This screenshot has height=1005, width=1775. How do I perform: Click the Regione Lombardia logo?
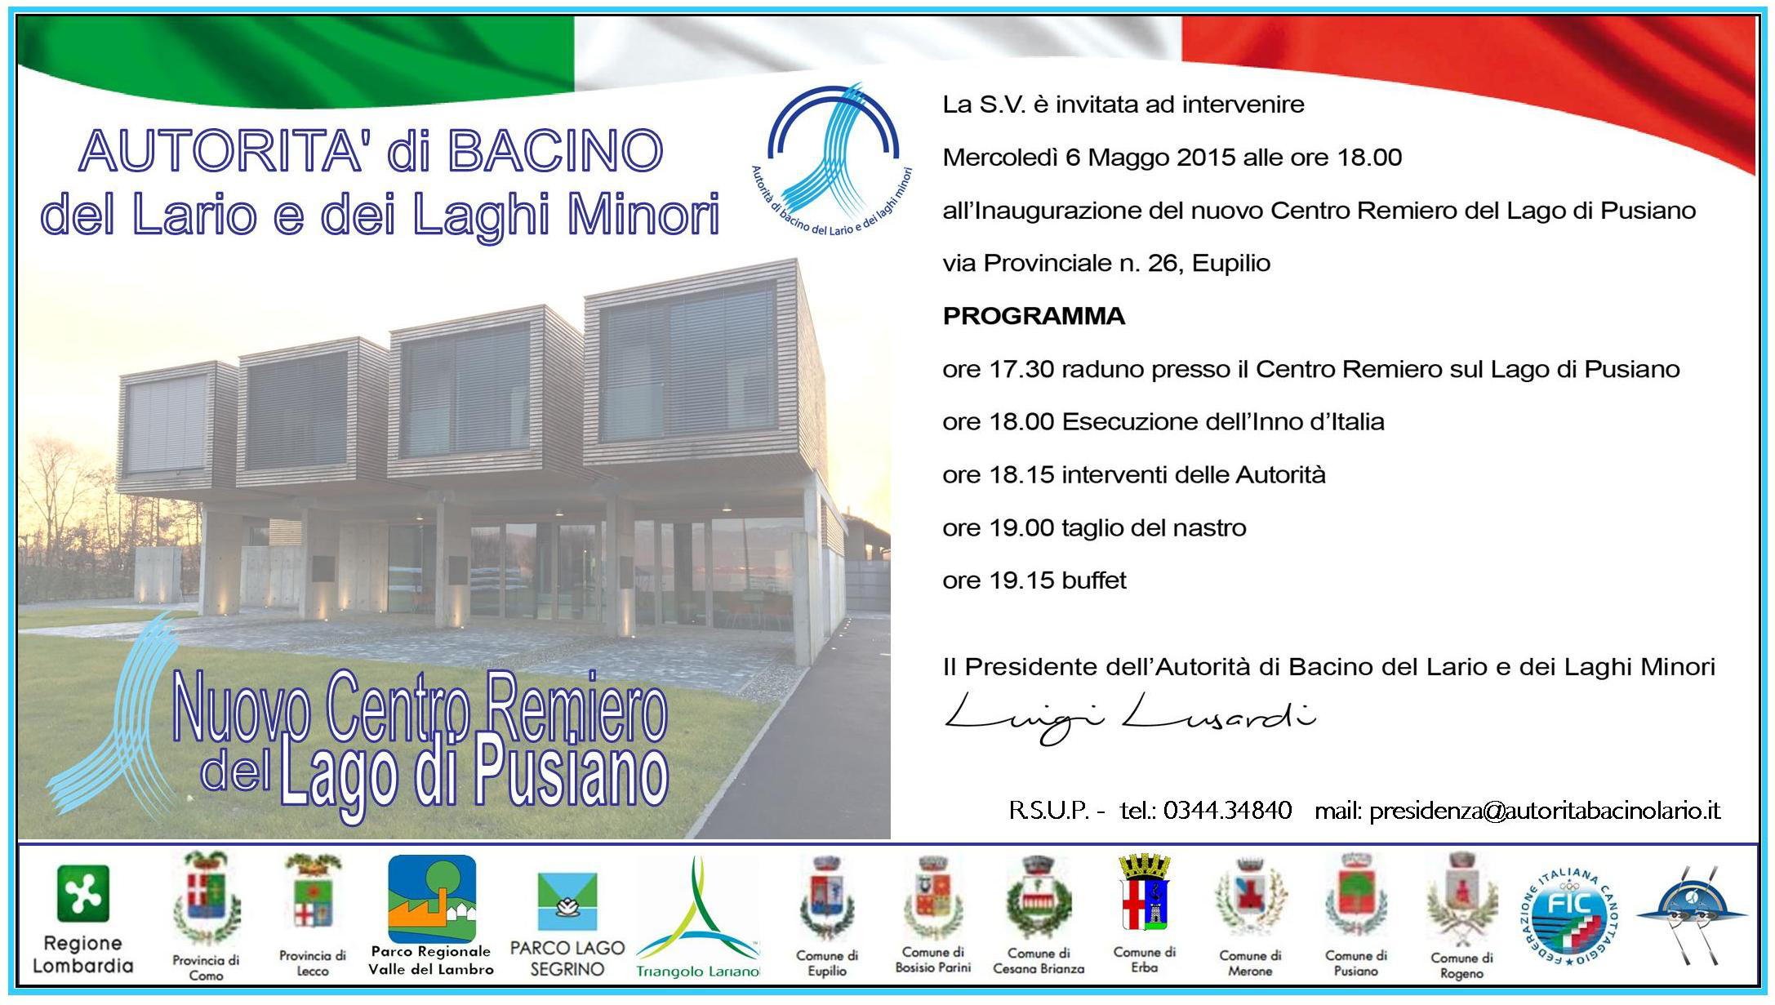[82, 894]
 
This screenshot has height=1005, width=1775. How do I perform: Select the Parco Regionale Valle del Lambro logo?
[431, 898]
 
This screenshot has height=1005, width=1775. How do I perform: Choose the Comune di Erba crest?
[1144, 896]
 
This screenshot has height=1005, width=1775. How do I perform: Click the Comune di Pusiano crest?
[1355, 896]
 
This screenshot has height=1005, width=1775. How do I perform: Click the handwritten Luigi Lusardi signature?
[1129, 717]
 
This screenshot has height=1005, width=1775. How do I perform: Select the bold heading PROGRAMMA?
[1034, 316]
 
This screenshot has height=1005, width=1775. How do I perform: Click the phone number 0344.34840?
[1227, 811]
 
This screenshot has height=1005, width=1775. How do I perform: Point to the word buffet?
[1094, 580]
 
